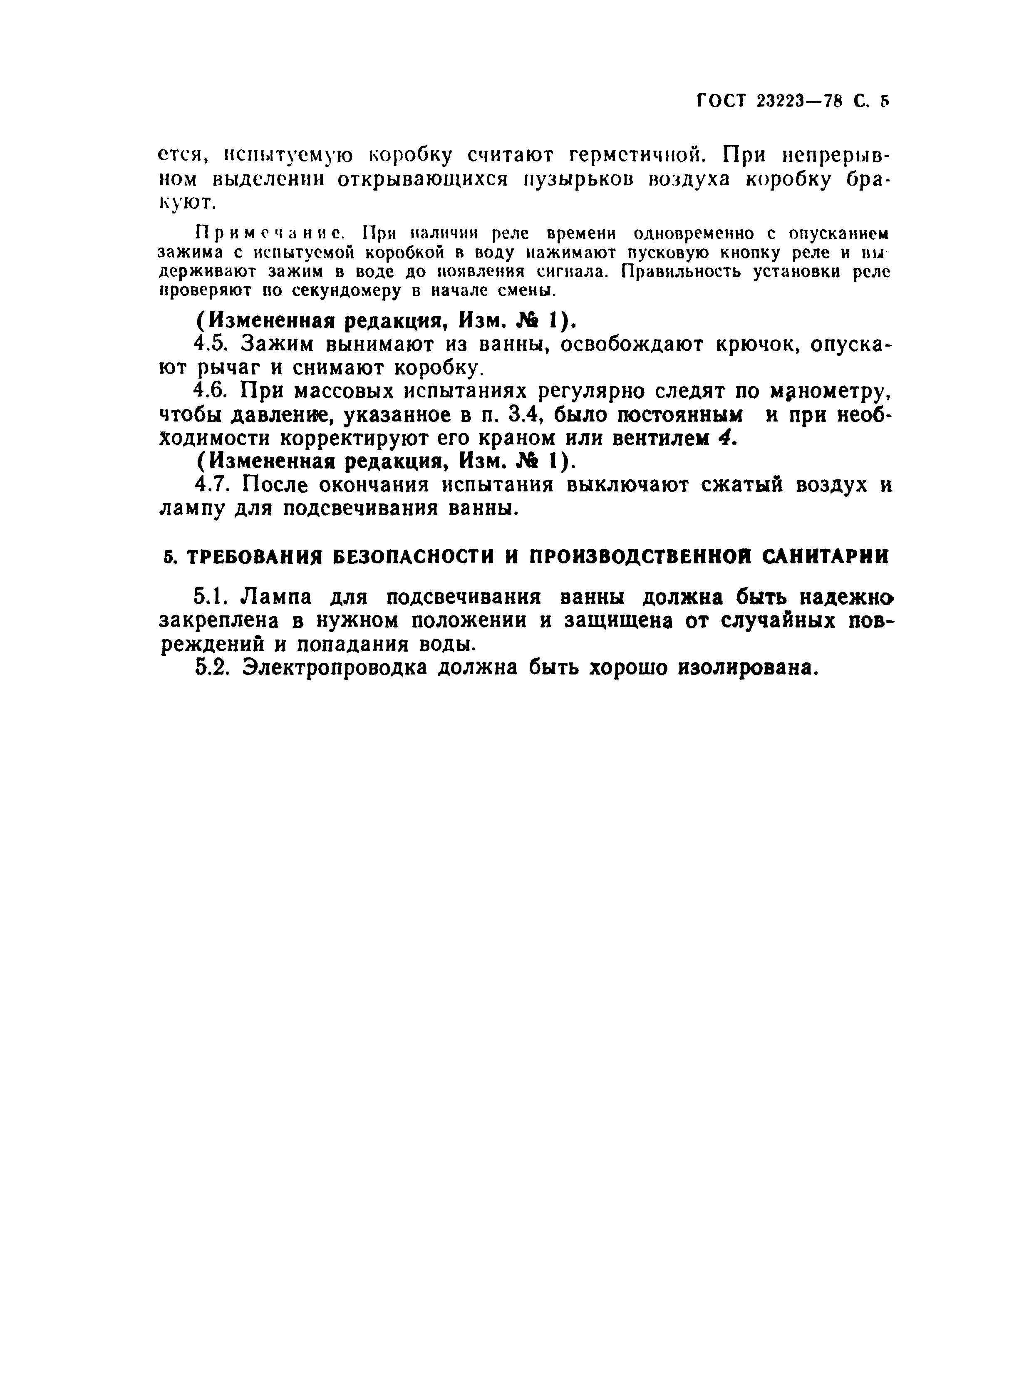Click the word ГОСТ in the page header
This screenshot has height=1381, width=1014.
coord(721,101)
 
